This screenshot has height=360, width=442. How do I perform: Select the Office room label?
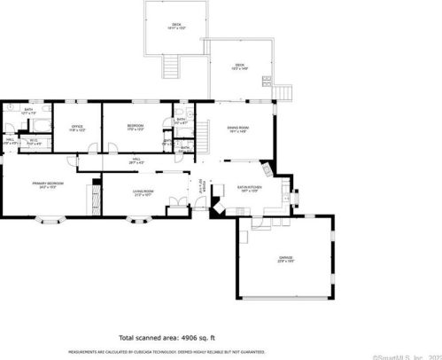point(76,129)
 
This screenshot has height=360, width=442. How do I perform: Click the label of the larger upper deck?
point(176,27)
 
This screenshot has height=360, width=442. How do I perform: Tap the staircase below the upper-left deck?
point(169,65)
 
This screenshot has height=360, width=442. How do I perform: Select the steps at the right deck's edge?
point(283,91)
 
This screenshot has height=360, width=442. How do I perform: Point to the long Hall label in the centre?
point(136,161)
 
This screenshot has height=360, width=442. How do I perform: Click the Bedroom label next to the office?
point(135,129)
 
